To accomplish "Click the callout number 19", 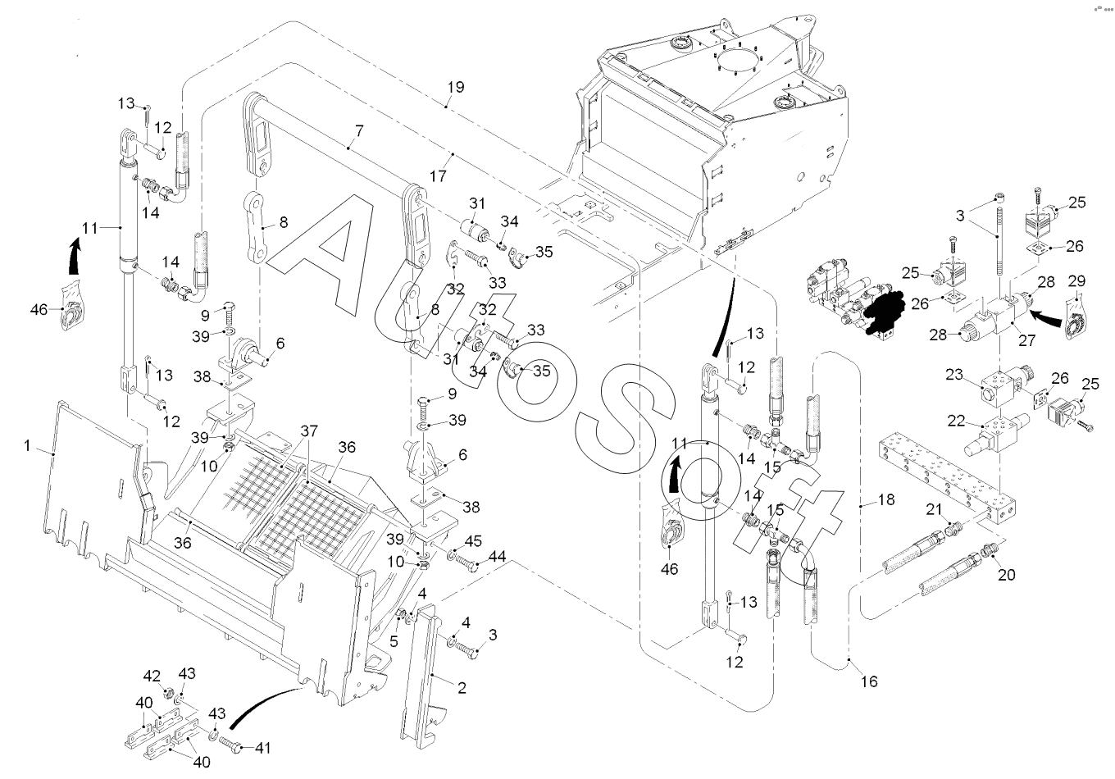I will click(x=456, y=87).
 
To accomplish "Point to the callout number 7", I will click(x=358, y=131).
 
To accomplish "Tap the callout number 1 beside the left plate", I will click(x=27, y=446).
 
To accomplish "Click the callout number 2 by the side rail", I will click(x=462, y=688).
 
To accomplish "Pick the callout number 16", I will click(x=869, y=681).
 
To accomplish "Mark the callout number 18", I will click(x=885, y=499).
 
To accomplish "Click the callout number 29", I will click(x=1076, y=281).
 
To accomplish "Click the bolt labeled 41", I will click(x=234, y=746).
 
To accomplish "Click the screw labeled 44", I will click(x=468, y=566).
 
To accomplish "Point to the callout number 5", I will click(x=394, y=642).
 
